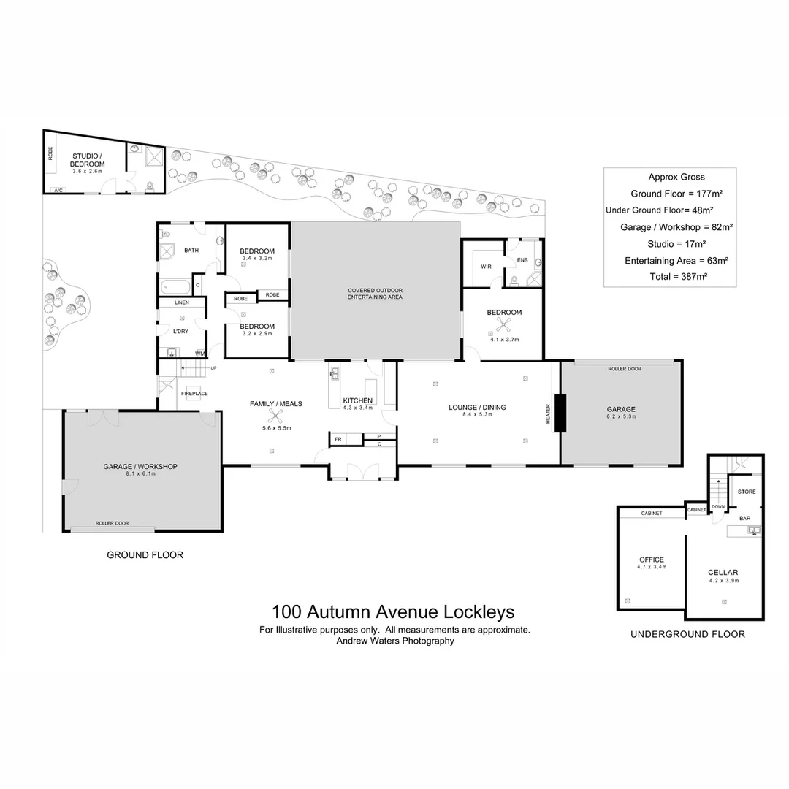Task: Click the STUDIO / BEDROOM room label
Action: click(x=88, y=160)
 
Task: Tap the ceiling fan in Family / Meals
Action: click(x=275, y=416)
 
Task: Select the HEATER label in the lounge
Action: click(x=549, y=413)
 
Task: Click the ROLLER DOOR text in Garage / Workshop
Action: click(x=112, y=523)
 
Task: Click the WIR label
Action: click(x=486, y=267)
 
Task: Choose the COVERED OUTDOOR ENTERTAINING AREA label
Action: click(x=375, y=294)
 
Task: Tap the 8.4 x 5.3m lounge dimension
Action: click(x=477, y=415)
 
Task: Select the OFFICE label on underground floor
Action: click(x=651, y=560)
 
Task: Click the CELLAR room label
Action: click(x=723, y=573)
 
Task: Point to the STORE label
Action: click(x=746, y=492)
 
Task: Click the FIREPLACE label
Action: click(x=194, y=394)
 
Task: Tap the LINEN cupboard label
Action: click(x=182, y=302)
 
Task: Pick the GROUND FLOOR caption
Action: click(x=145, y=555)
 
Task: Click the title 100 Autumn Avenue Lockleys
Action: click(x=393, y=611)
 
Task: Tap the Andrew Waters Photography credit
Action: click(x=394, y=641)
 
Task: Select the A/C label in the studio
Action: click(x=57, y=190)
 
